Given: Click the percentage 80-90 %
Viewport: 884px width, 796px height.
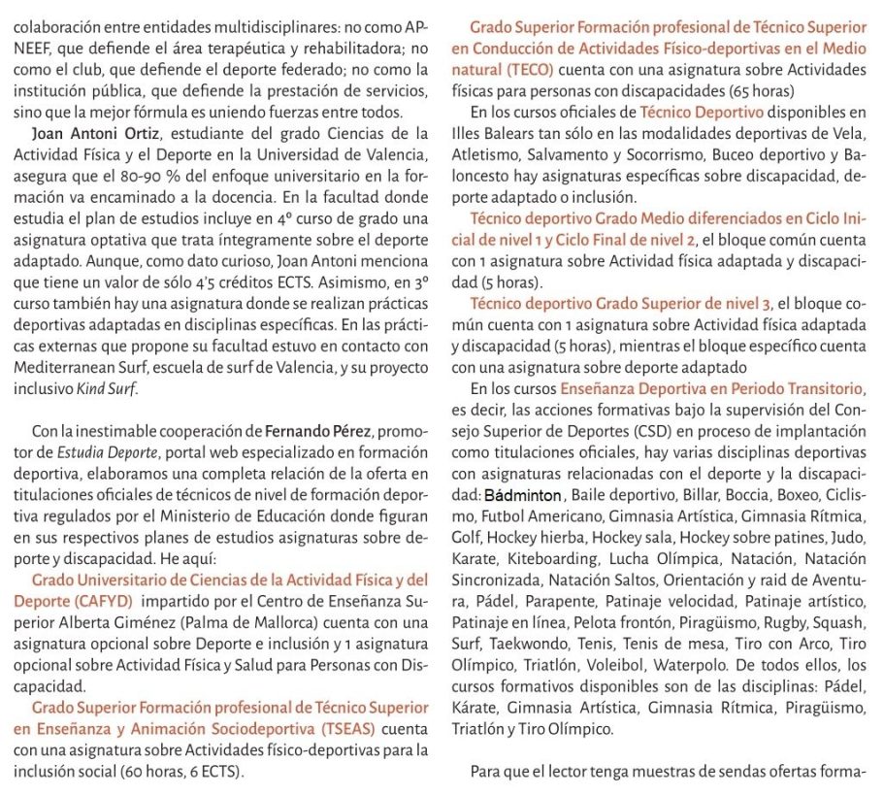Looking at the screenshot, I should coord(191,177).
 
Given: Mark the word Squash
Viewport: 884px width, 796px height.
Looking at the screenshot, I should coord(838,622).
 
